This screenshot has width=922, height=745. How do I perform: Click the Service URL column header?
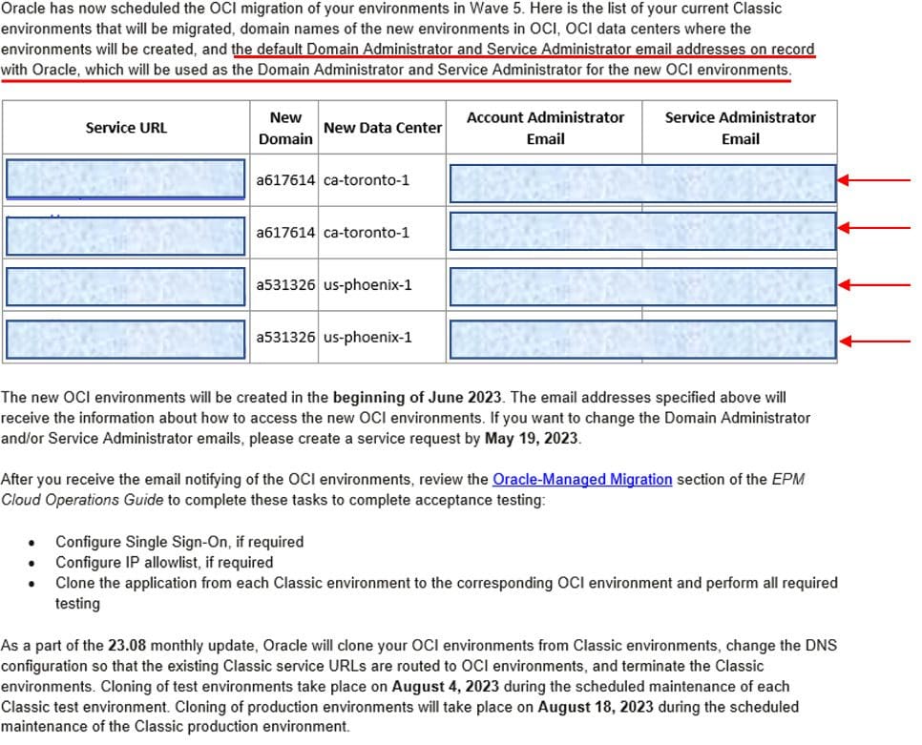point(126,128)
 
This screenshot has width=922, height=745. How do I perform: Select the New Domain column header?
point(285,128)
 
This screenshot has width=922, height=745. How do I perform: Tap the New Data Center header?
point(383,128)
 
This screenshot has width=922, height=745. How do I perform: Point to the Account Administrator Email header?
point(545,128)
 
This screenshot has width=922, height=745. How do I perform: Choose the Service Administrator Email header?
point(740,128)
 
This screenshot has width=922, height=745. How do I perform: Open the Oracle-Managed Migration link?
point(582,479)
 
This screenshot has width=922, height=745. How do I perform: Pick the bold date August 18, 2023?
point(595,707)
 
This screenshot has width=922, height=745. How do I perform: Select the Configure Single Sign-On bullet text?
point(179,542)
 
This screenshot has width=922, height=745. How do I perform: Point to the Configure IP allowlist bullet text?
point(164,562)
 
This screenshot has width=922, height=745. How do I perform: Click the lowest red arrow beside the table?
point(879,341)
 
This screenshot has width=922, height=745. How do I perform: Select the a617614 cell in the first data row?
point(285,180)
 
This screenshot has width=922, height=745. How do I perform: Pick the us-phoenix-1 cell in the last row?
point(367,337)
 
